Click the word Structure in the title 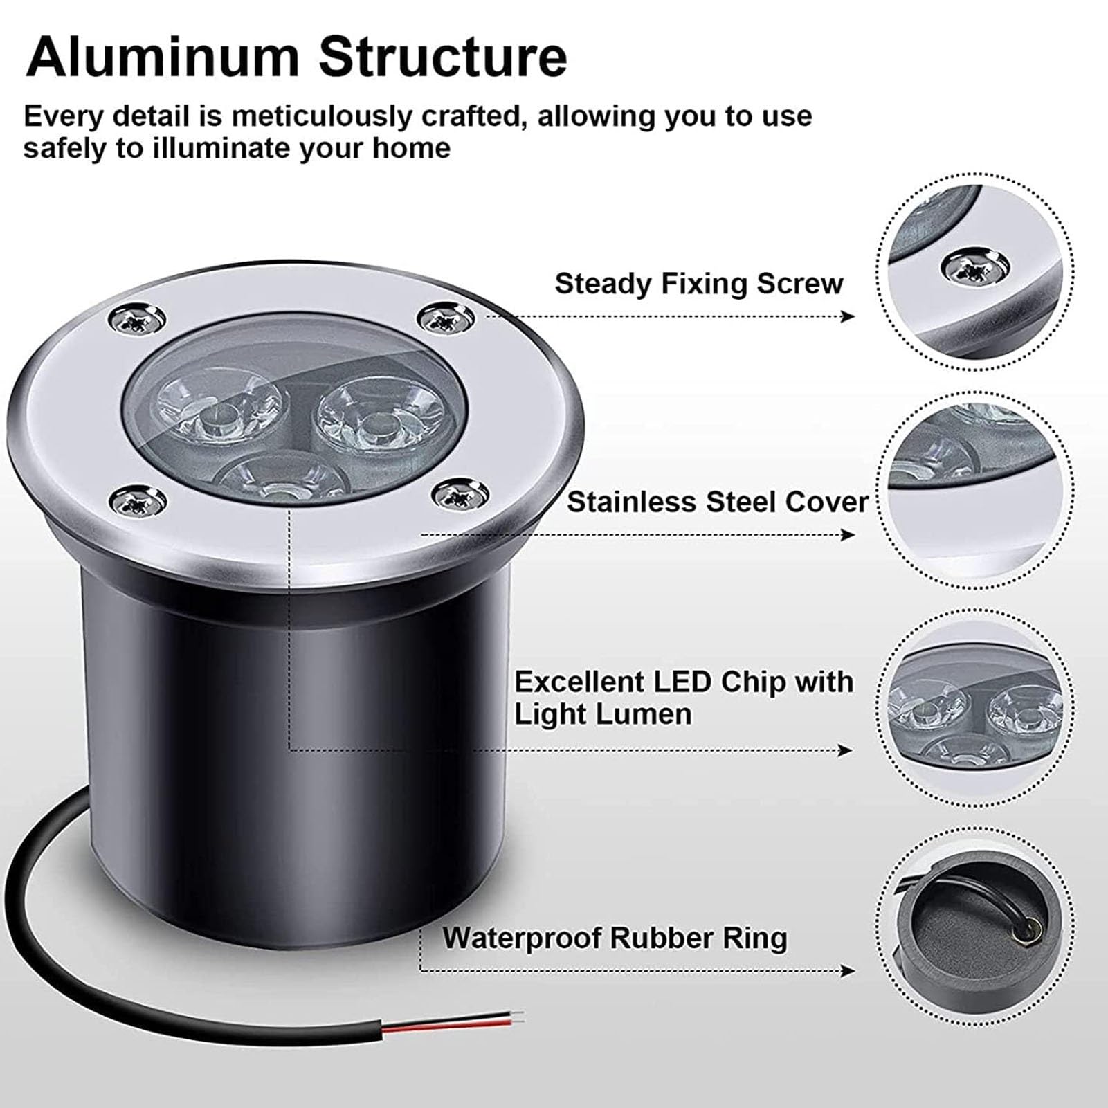tap(443, 57)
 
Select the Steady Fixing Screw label tap(699, 284)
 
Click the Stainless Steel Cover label tap(718, 502)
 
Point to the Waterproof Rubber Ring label tap(615, 938)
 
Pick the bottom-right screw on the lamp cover tap(459, 493)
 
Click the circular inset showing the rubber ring tap(974, 936)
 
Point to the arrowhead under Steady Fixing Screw tap(848, 316)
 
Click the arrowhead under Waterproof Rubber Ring tap(848, 970)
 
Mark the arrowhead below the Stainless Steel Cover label tap(848, 534)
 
